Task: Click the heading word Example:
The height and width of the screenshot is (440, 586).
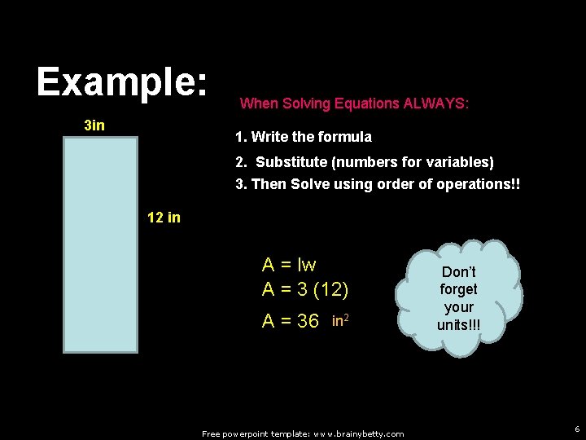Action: [123, 82]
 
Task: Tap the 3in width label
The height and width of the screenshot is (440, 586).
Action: [94, 125]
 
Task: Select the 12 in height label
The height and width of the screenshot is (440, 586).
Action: [164, 218]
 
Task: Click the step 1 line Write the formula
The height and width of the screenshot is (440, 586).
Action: [303, 137]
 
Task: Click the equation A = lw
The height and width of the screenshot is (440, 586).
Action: [289, 265]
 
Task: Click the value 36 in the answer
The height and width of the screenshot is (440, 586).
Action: [308, 321]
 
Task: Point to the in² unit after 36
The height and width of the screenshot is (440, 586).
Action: [341, 319]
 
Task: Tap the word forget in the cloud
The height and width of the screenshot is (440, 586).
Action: [458, 289]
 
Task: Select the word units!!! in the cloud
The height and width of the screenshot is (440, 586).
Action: [458, 325]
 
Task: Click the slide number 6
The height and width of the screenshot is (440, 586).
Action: [576, 429]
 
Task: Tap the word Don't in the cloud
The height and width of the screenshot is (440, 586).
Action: [458, 271]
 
